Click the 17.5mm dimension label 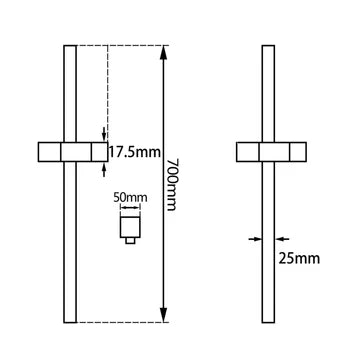click(x=133, y=153)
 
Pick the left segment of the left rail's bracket click(x=50, y=152)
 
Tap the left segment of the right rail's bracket click(x=248, y=152)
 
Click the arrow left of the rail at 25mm click(x=256, y=238)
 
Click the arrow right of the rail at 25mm click(x=282, y=238)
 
